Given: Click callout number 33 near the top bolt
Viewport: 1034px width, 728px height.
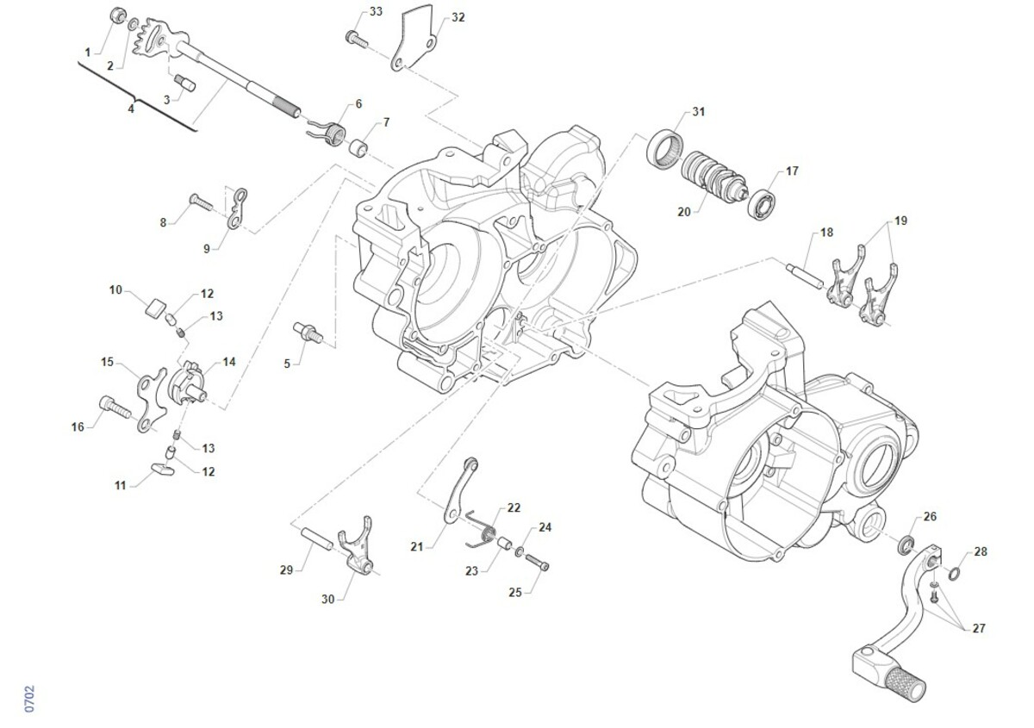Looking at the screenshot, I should click(376, 11).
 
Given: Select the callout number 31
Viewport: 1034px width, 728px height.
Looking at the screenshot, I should click(698, 112).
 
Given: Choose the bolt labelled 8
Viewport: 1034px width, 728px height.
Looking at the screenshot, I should click(200, 202).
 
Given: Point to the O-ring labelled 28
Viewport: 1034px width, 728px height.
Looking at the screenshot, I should click(956, 573).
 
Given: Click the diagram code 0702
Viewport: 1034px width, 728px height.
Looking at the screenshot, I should click(29, 698).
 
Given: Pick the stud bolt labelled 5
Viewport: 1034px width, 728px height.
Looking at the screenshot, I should click(307, 331).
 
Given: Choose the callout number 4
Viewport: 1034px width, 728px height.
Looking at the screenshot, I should click(131, 109).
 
